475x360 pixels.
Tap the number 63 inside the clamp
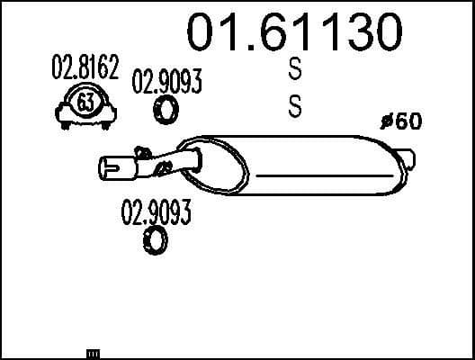coord(85,103)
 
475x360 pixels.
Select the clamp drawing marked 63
coord(85,105)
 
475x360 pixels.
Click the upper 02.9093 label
coord(166,83)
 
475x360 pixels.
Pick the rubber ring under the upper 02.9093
coord(166,110)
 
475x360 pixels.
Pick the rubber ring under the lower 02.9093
coord(156,240)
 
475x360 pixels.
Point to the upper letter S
coord(294,67)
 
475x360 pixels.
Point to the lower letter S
coord(294,106)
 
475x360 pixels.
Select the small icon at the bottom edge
coord(92,354)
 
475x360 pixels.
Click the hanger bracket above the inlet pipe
coord(139,150)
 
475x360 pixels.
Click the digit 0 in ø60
coord(413,122)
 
